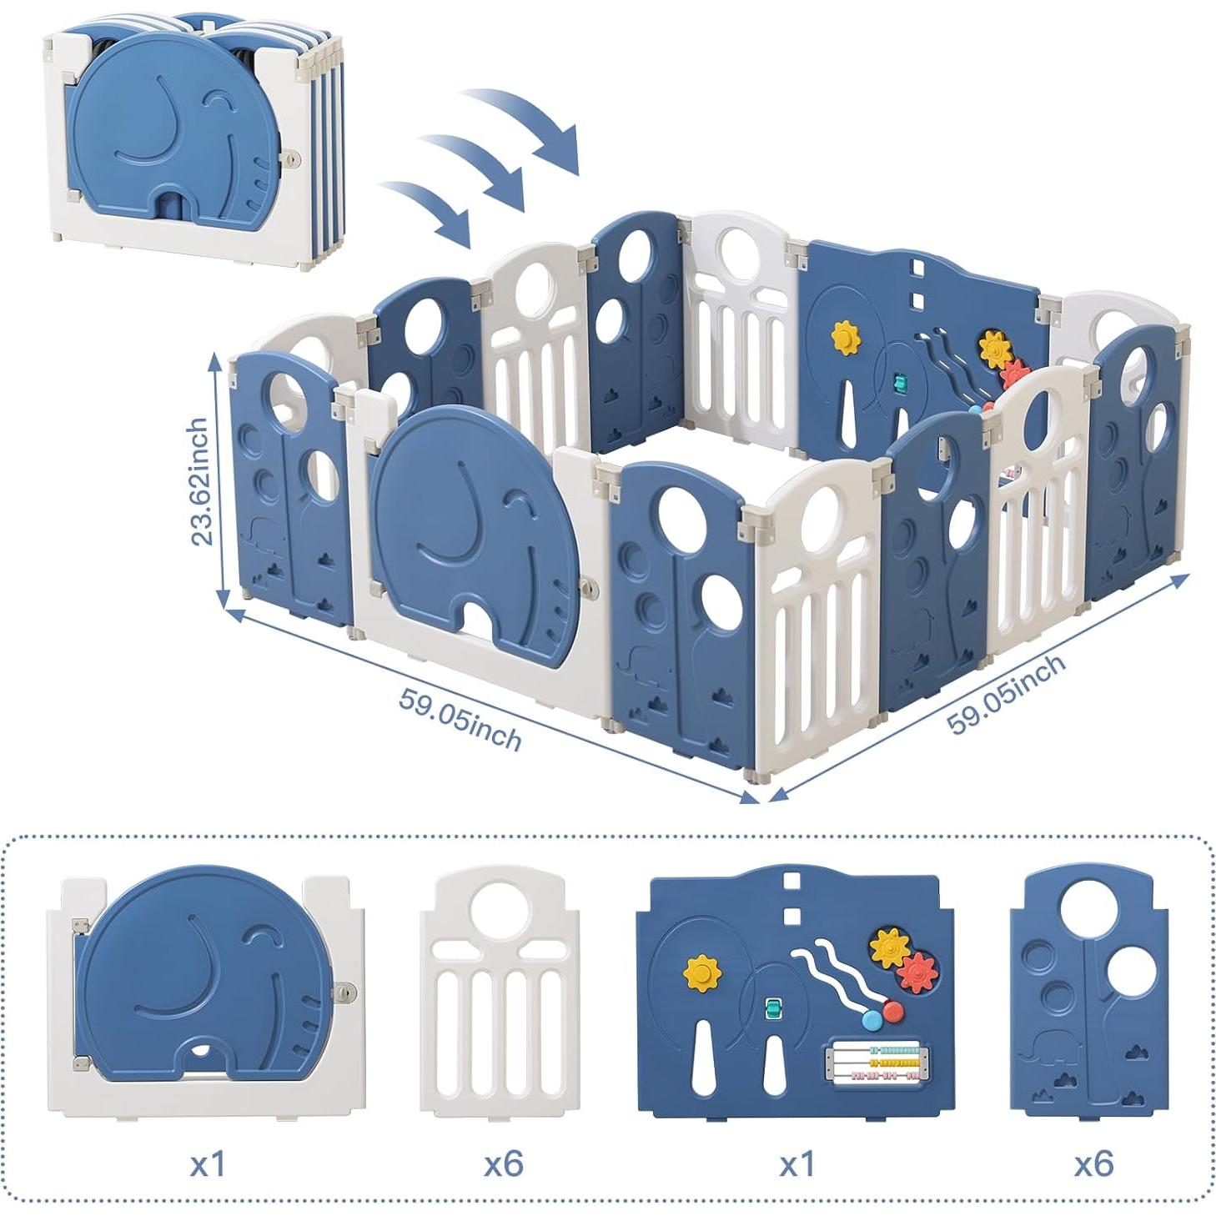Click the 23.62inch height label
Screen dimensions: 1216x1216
tap(200, 481)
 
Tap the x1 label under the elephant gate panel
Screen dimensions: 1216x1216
tap(207, 1163)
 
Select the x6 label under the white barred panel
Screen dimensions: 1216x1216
tap(503, 1163)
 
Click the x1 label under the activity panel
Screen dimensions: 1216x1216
tap(796, 1163)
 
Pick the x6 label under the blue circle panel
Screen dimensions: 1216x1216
tap(1093, 1163)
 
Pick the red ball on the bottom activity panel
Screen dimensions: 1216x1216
tap(892, 1011)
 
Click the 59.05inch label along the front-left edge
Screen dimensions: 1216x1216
tap(460, 719)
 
